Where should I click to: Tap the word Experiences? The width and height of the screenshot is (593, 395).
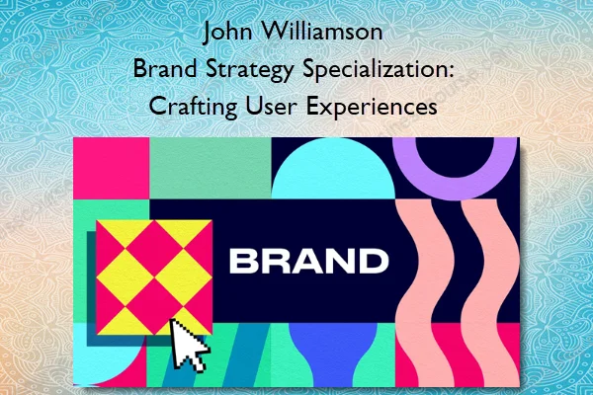point(378,108)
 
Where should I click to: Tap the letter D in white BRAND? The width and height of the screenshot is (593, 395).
point(372,261)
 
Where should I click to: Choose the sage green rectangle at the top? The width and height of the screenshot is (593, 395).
point(209,162)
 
